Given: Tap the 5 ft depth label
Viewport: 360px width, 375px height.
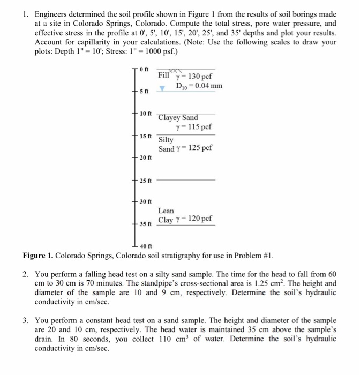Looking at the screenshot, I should pyautogui.click(x=144, y=92).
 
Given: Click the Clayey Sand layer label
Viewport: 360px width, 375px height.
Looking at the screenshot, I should pyautogui.click(x=178, y=117).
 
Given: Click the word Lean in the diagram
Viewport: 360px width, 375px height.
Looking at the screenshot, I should pyautogui.click(x=166, y=211).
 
